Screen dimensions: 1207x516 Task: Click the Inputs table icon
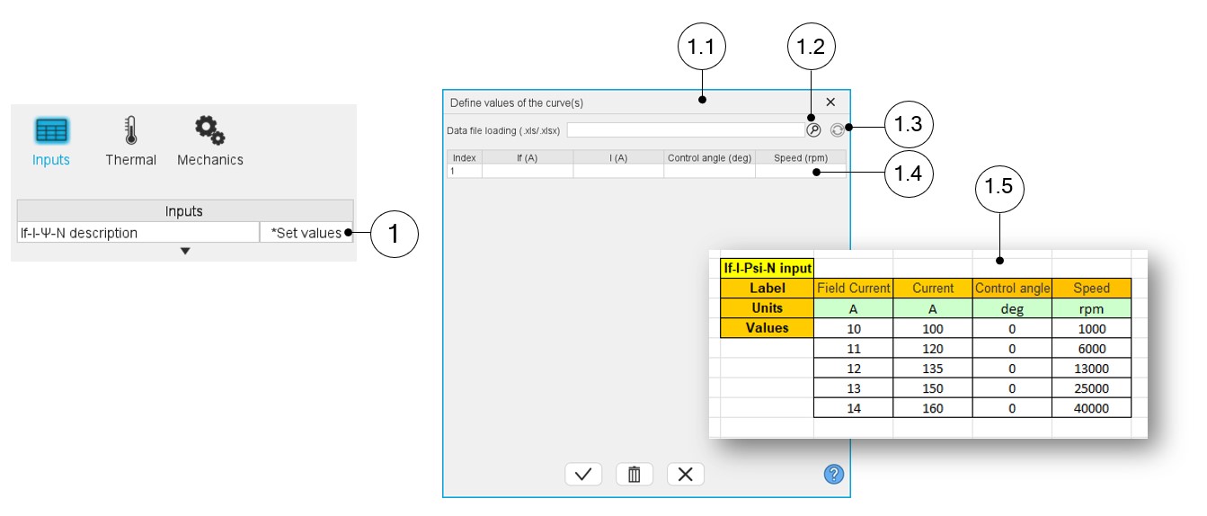51,130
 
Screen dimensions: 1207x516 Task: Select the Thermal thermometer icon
131,130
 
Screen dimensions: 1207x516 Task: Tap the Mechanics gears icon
209,130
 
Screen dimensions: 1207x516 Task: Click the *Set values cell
306,233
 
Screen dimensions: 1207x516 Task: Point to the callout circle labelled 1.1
702,47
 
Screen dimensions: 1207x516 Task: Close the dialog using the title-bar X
830,102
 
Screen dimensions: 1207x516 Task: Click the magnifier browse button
813,130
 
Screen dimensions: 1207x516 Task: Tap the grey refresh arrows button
838,130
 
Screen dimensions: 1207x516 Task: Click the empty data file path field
686,130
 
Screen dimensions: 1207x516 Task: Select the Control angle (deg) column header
710,157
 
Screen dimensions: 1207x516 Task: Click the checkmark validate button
583,474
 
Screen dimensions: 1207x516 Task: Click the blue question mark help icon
834,475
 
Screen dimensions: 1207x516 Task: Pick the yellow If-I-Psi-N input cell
767,268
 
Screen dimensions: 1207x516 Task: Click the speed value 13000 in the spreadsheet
1091,369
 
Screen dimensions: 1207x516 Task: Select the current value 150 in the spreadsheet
932,388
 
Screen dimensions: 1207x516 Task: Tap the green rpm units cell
1091,308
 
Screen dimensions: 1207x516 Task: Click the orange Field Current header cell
854,288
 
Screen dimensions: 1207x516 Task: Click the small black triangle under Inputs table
185,251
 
